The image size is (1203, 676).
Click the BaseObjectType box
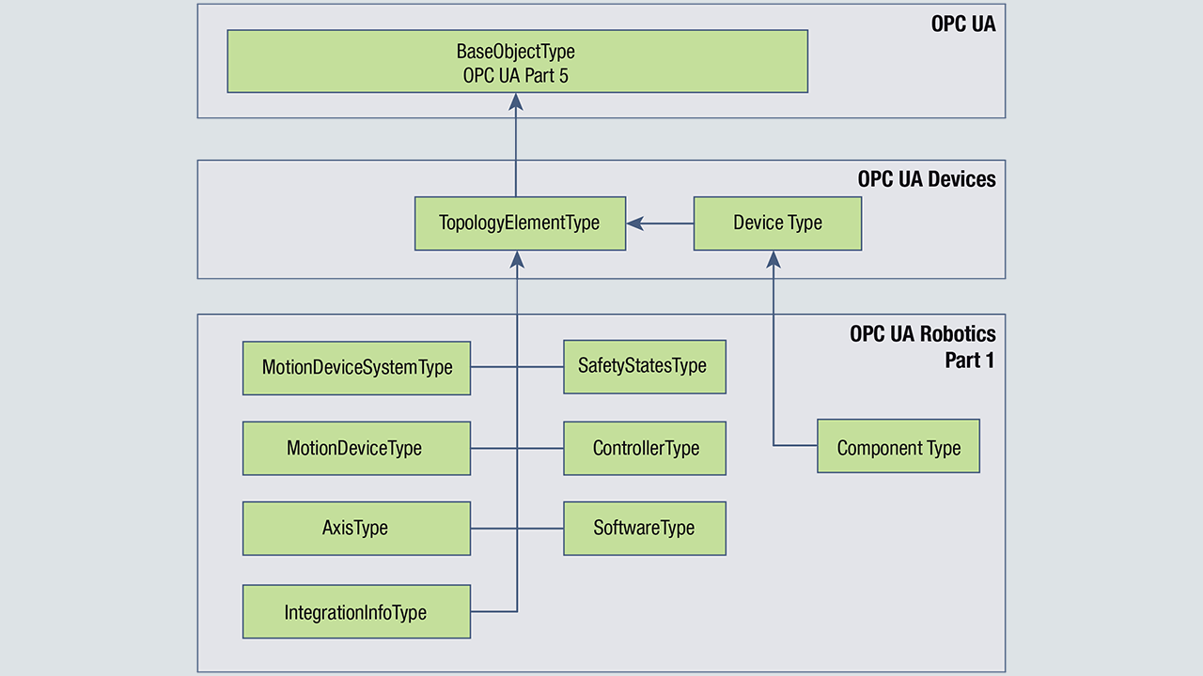pos(517,61)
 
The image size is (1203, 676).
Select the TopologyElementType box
pos(520,223)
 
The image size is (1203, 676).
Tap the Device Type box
pos(777,223)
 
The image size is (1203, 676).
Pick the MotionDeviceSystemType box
pos(356,368)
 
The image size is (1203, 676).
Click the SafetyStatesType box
pos(644,366)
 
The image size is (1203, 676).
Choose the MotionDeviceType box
pos(356,448)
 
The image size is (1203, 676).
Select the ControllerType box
pos(644,448)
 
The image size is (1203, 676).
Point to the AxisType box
pos(356,528)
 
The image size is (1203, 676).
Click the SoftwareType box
pos(644,528)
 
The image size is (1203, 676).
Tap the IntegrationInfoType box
pos(356,612)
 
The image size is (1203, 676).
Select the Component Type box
pos(898,446)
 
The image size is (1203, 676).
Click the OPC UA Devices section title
pos(926,178)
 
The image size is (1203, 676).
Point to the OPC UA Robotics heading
pos(922,334)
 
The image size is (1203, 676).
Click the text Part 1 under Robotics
pos(969,360)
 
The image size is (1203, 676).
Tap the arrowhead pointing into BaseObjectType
pos(516,101)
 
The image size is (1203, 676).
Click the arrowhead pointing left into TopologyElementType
pos(635,223)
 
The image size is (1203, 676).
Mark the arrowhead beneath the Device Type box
pos(773,259)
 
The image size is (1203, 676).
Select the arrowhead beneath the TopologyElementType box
pos(517,259)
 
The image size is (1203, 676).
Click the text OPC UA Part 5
pos(516,76)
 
